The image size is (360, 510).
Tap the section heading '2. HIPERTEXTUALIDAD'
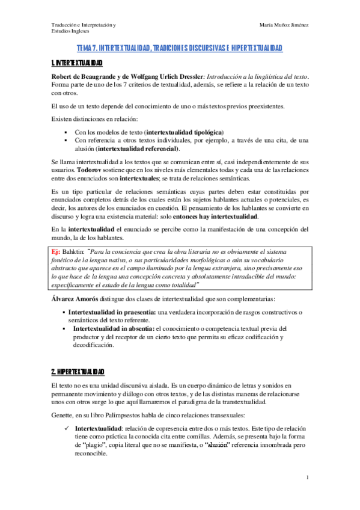pyautogui.click(x=78, y=371)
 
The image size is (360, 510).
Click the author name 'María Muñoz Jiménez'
pyautogui.click(x=284, y=25)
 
